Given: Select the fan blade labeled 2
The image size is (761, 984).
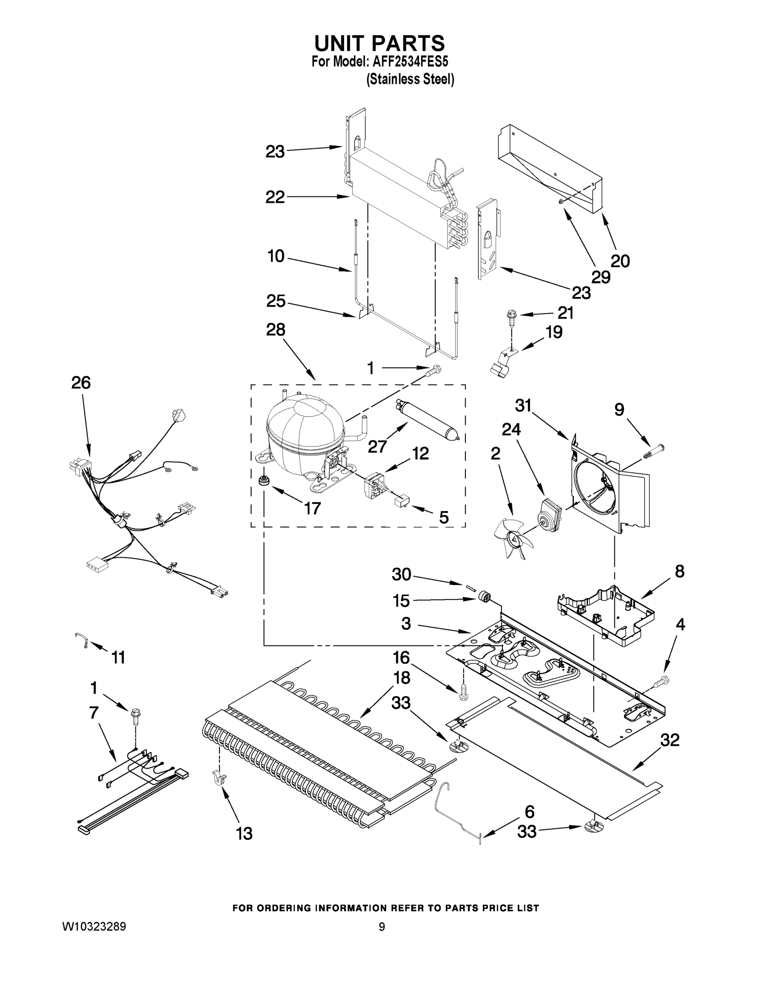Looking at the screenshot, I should click(512, 536).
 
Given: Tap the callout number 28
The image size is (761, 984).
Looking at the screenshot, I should click(275, 330).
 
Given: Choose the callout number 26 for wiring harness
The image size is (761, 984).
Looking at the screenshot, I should click(81, 383).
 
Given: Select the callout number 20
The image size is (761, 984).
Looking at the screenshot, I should click(620, 261).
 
